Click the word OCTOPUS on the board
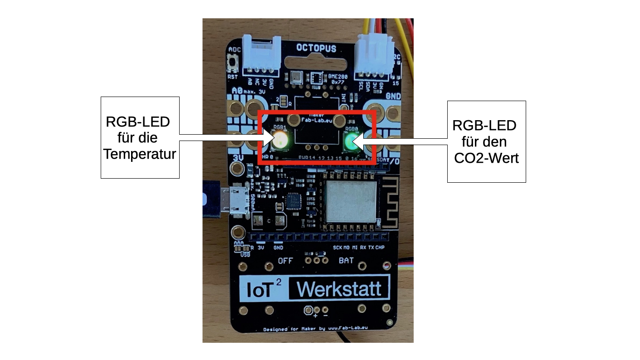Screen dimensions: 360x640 pyautogui.click(x=316, y=48)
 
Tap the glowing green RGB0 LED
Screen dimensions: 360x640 pyautogui.click(x=350, y=142)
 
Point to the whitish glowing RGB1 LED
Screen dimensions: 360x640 pyautogui.click(x=280, y=141)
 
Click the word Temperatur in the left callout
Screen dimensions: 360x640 pyautogui.click(x=140, y=155)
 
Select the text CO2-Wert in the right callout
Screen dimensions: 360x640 pyautogui.click(x=486, y=159)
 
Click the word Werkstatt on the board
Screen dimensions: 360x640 pyautogui.click(x=339, y=288)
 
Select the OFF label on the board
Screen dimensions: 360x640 pyautogui.click(x=286, y=261)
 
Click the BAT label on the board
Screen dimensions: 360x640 pyautogui.click(x=346, y=261)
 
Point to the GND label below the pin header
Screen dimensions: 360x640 pyautogui.click(x=278, y=248)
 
